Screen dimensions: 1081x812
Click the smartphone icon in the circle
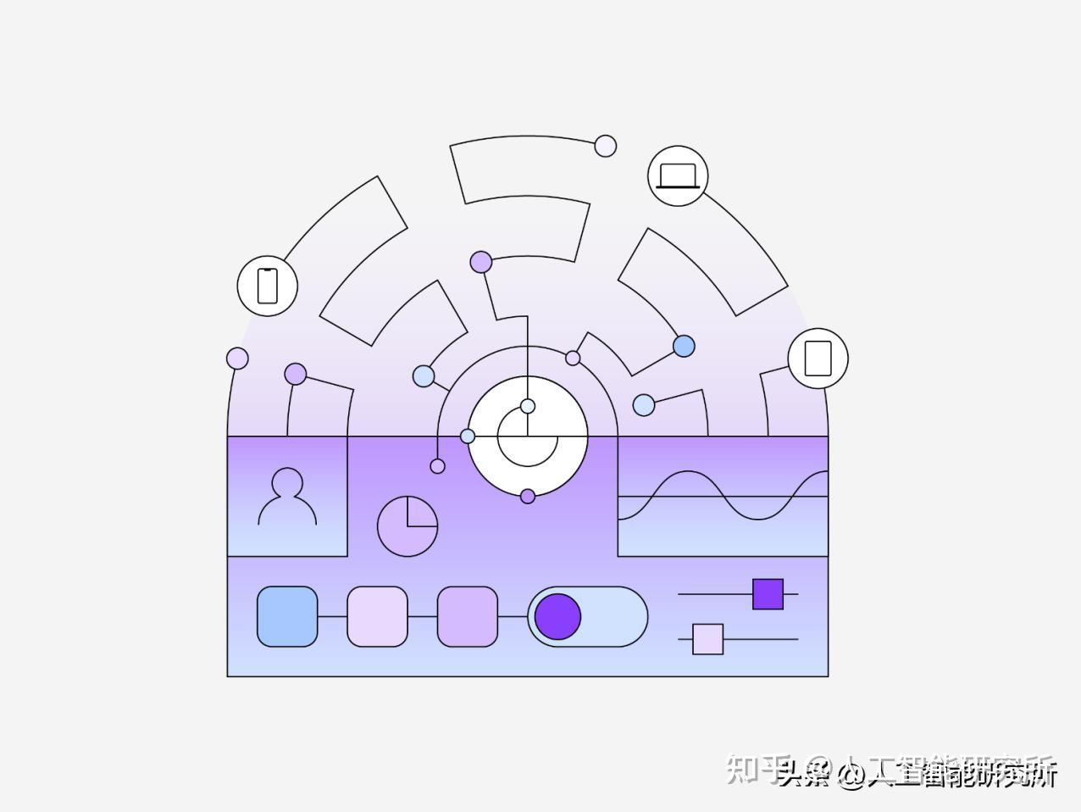[268, 286]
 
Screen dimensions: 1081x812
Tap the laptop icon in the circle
[678, 176]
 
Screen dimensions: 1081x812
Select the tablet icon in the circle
[818, 358]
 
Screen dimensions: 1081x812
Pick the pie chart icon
[407, 526]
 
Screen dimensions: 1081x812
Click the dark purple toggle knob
[557, 616]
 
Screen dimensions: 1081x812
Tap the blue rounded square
[287, 616]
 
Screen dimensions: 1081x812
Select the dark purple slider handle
[768, 594]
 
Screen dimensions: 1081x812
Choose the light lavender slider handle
[708, 639]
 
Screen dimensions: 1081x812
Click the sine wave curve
[723, 496]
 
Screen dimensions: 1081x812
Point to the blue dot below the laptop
[684, 346]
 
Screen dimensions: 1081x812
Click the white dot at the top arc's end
[605, 146]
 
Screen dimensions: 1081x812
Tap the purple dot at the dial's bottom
[528, 496]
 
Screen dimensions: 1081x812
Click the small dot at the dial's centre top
[528, 406]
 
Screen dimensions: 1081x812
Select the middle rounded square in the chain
[378, 616]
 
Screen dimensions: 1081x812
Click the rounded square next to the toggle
[468, 616]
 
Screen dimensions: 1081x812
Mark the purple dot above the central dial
[481, 262]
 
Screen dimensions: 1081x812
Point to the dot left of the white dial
[468, 436]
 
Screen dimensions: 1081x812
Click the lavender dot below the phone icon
[237, 359]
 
